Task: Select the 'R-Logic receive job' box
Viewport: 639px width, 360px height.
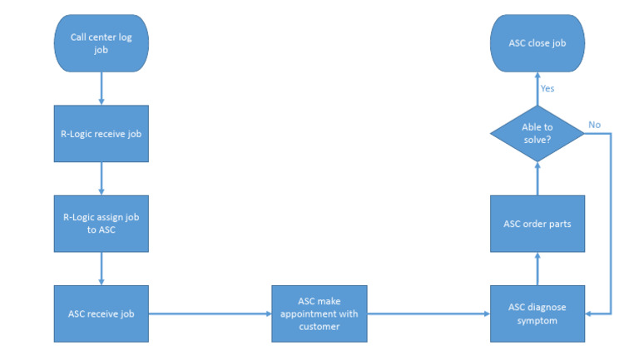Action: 102,133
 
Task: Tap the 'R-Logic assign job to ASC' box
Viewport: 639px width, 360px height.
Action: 102,224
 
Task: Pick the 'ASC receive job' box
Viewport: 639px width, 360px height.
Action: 102,313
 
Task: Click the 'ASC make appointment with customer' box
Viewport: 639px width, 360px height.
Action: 319,313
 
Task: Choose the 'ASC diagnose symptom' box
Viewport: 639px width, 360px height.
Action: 537,313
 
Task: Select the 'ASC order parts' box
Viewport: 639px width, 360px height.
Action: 537,224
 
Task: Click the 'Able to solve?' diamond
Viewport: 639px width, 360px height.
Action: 537,133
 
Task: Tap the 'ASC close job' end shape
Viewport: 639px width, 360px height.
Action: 537,43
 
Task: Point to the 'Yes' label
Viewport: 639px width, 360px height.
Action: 547,88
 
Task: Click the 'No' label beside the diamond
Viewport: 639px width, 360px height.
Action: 594,125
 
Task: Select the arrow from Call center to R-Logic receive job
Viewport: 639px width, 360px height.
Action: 102,88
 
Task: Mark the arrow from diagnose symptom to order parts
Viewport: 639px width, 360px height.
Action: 537,269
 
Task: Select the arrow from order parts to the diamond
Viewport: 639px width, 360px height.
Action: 537,178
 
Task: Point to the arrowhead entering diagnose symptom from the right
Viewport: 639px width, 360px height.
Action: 588,313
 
